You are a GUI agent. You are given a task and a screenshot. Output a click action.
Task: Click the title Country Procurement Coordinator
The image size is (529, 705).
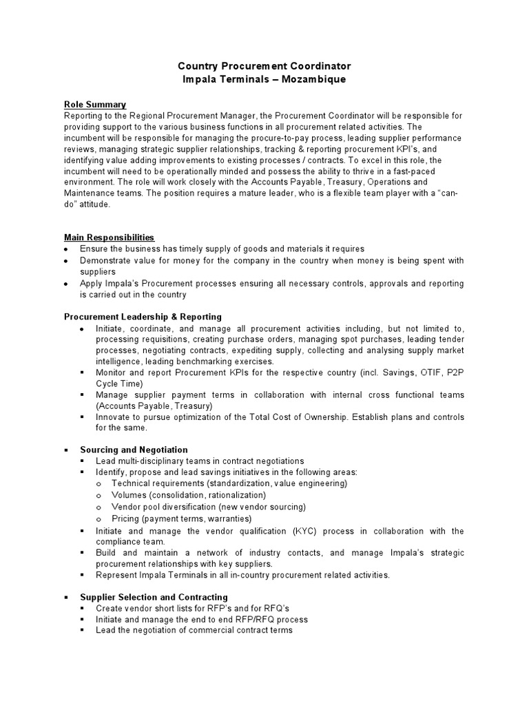tap(264, 66)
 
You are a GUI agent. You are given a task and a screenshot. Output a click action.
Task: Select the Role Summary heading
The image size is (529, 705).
tap(95, 105)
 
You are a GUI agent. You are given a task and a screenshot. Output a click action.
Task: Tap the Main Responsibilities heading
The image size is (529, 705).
tap(109, 238)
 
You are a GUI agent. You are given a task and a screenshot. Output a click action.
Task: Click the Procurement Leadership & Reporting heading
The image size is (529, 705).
tap(143, 317)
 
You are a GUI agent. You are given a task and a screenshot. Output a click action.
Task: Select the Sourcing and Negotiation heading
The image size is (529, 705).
tap(134, 450)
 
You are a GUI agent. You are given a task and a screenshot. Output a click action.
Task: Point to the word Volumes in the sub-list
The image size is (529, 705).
tap(129, 495)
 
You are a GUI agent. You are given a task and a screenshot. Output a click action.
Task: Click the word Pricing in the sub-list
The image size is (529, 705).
tap(126, 518)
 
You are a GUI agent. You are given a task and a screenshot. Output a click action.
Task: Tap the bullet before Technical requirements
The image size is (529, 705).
tap(99, 484)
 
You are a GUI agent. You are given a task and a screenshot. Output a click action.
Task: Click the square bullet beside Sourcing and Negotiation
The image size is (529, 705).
tap(66, 450)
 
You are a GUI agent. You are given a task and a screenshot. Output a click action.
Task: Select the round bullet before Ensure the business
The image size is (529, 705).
tap(66, 249)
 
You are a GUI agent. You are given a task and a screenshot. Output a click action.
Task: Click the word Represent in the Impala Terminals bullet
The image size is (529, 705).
tap(118, 575)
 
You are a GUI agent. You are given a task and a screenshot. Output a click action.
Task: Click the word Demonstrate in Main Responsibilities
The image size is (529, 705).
tap(107, 260)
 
